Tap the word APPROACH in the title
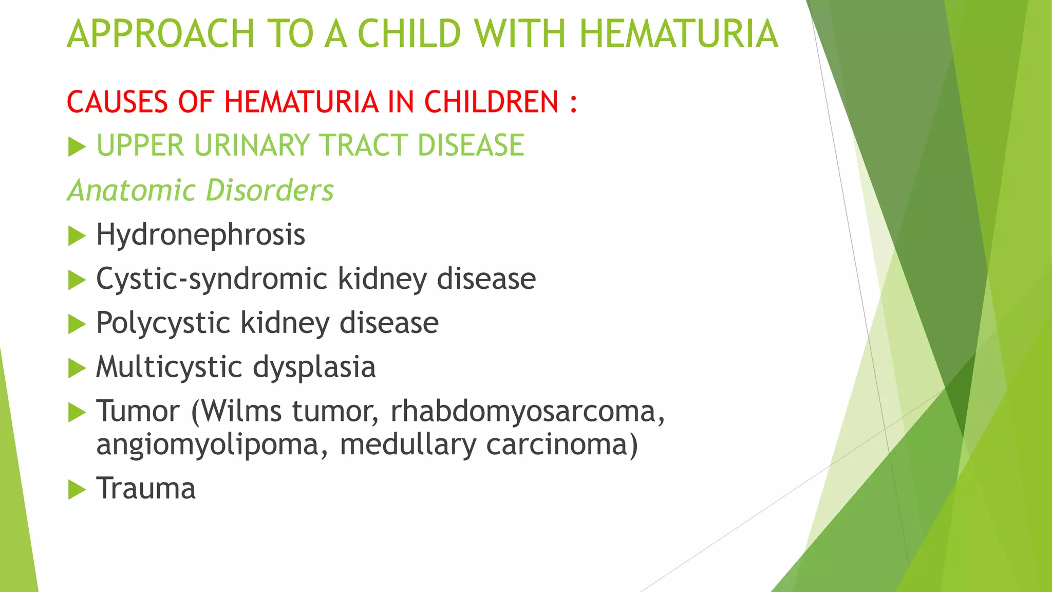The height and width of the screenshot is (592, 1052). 161,34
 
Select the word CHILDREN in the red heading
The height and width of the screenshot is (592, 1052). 491,102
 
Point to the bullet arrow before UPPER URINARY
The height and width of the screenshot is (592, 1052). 77,147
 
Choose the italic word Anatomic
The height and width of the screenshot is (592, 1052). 132,191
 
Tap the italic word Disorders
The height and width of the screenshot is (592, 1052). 270,191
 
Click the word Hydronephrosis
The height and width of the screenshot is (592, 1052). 200,235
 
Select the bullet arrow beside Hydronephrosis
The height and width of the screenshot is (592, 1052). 77,236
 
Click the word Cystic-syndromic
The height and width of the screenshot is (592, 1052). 212,280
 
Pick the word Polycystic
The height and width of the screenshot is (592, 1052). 163,324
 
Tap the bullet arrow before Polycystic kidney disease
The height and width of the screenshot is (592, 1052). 77,325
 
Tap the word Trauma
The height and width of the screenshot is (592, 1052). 146,489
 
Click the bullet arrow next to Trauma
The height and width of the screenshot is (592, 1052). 77,490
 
